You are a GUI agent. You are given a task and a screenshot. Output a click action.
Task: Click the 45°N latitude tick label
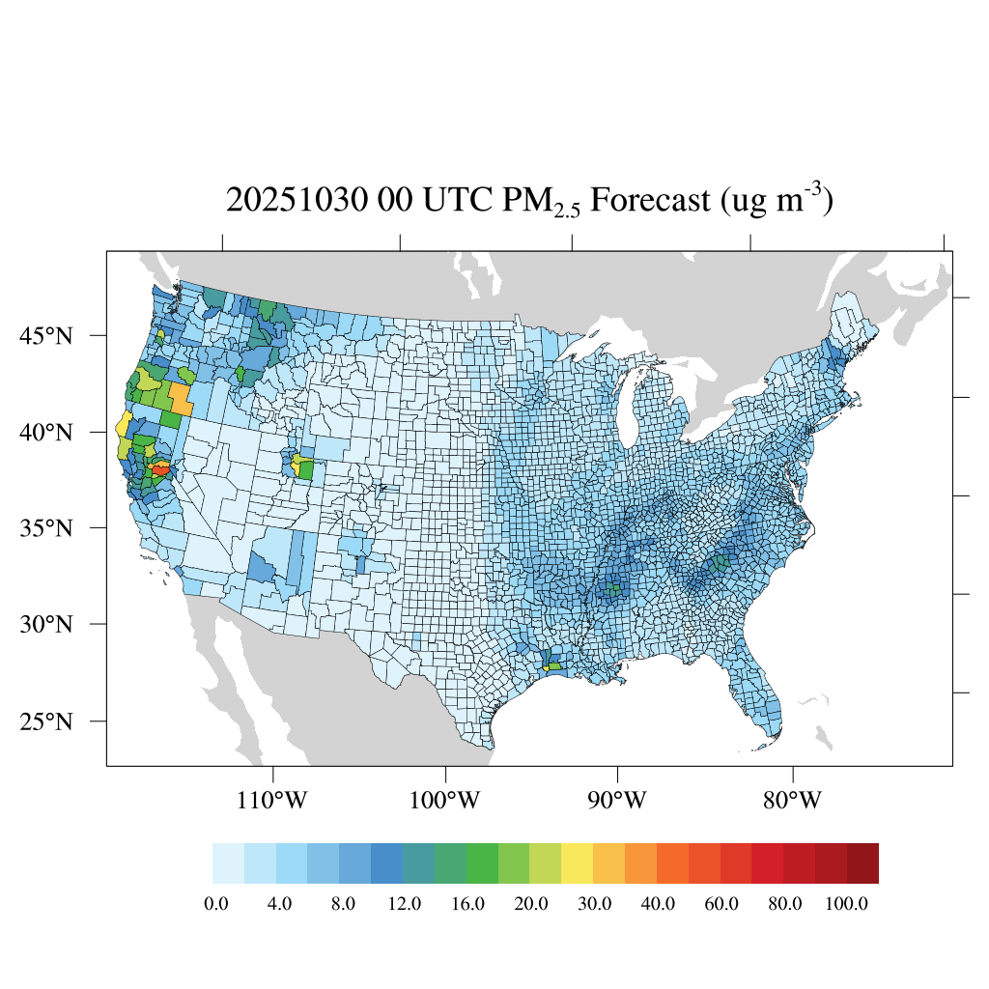point(45,336)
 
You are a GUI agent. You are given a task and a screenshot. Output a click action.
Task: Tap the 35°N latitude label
point(45,528)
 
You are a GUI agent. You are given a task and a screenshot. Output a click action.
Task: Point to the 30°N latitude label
point(45,624)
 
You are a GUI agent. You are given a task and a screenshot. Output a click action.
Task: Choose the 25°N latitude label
point(45,721)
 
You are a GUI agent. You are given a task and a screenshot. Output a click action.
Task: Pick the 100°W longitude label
point(445,801)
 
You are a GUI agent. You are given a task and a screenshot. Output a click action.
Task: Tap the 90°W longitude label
point(617,801)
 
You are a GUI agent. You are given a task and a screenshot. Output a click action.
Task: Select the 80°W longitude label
point(792,801)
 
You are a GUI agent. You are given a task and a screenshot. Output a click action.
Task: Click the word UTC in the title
point(446,201)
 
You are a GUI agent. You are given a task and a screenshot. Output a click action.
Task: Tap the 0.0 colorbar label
point(216,904)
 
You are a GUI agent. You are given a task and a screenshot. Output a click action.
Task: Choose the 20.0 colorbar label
point(531,904)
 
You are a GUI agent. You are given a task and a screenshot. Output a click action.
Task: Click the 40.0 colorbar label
point(658,904)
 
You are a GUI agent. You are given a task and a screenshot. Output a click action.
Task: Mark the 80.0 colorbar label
point(784,904)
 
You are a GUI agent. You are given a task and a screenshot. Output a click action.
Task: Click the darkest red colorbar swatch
point(862,863)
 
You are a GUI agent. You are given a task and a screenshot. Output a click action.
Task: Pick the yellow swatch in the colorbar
point(577,863)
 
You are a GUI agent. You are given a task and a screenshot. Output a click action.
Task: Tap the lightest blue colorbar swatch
point(228,863)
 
